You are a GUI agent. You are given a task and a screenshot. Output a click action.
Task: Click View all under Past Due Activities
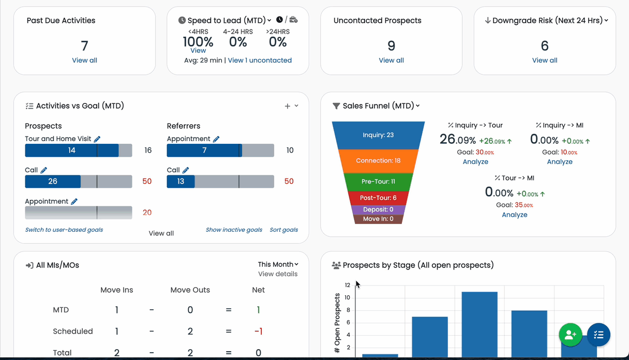click(x=84, y=61)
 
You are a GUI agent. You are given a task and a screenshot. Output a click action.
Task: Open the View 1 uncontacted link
click(x=260, y=61)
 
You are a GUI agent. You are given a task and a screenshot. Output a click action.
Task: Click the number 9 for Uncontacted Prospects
click(x=391, y=46)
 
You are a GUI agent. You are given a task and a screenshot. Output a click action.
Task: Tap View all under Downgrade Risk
click(x=545, y=61)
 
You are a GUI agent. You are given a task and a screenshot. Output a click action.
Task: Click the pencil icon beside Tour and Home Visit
click(x=97, y=139)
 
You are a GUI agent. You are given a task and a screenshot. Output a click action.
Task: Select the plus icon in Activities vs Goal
click(x=287, y=106)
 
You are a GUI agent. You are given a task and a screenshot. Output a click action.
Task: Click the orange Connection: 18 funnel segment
click(x=378, y=161)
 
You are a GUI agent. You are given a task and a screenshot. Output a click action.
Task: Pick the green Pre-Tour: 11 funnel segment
click(x=378, y=182)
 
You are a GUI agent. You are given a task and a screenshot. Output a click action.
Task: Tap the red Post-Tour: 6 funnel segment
click(x=378, y=198)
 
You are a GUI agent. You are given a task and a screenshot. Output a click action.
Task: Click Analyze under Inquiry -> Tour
click(x=475, y=162)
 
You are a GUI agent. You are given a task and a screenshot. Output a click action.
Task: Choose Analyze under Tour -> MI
click(x=515, y=215)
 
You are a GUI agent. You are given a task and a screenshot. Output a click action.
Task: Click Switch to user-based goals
click(x=64, y=230)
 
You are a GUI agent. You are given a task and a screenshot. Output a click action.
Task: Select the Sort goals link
click(x=284, y=230)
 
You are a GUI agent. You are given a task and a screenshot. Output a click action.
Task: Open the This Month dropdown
click(x=278, y=264)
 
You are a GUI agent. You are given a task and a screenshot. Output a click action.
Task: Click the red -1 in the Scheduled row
click(x=258, y=332)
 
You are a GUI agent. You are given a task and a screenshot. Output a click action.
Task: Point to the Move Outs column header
click(x=190, y=290)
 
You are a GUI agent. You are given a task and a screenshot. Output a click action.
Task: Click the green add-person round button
click(x=571, y=335)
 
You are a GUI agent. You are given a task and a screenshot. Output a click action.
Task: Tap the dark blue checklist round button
click(x=598, y=335)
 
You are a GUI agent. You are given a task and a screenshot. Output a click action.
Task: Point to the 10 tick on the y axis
click(x=348, y=297)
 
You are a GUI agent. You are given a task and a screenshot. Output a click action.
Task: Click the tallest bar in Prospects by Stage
click(x=480, y=324)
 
